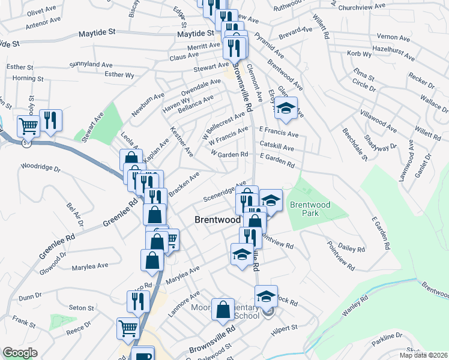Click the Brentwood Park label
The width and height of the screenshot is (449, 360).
(310, 209)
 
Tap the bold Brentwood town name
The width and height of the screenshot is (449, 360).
(218, 220)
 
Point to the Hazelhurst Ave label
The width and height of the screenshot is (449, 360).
(393, 54)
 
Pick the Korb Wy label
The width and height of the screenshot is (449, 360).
(360, 54)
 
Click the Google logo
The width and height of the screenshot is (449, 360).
(20, 353)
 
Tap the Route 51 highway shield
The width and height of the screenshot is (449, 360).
(26, 143)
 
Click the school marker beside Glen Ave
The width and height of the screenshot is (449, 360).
(286, 109)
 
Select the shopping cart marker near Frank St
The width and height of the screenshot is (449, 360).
(128, 328)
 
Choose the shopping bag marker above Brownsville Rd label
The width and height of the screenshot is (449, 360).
(223, 310)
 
